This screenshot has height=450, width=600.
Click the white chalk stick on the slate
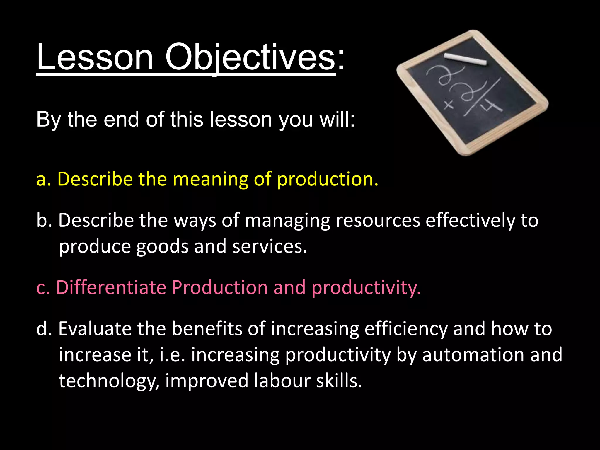tap(465, 59)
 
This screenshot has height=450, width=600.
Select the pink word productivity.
tap(366, 288)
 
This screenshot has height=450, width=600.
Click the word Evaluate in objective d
tap(95, 329)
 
